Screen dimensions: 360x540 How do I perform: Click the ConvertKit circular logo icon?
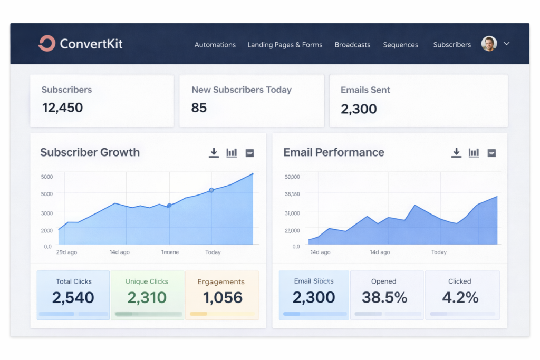tap(46, 44)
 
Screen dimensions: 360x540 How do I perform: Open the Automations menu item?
tap(215, 45)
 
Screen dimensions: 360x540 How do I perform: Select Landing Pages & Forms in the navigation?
tap(285, 45)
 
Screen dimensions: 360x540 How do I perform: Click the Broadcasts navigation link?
tap(352, 45)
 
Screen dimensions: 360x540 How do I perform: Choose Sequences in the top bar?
tap(400, 45)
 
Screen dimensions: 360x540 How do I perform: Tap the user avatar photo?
tap(489, 44)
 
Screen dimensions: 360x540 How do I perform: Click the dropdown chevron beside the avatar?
tap(506, 44)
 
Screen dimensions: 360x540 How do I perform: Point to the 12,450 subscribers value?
tap(62, 108)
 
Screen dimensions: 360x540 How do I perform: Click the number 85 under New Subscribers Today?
tap(199, 108)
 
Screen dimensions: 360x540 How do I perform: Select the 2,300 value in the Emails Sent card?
tap(359, 109)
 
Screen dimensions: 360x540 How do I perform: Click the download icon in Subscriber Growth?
tap(214, 152)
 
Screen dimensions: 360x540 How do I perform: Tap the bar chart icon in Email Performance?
tap(474, 152)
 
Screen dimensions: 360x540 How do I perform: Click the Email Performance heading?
tap(333, 152)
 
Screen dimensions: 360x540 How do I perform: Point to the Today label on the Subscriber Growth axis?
tap(213, 252)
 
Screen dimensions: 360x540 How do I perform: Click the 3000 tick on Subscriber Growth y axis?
tap(47, 213)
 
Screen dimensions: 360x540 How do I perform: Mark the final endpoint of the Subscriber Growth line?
tap(253, 174)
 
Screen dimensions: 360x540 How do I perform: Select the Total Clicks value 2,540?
tap(73, 297)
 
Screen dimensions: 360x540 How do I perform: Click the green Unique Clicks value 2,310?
tap(147, 297)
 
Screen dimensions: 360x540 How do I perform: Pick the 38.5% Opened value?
tap(384, 297)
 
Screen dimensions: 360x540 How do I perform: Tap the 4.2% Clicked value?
tap(460, 297)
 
